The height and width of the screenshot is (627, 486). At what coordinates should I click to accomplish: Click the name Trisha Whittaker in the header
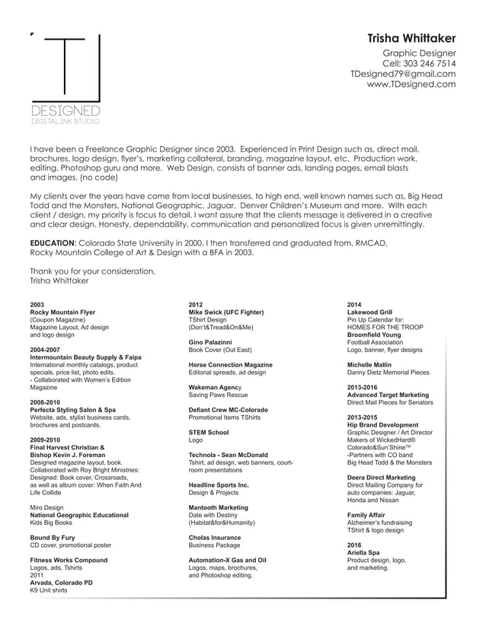[411, 37]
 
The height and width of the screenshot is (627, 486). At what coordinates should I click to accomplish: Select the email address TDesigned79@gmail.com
[403, 74]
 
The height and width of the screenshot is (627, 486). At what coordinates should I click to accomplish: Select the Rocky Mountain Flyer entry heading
[62, 312]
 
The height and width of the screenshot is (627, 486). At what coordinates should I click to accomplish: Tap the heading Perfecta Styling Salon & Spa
[73, 410]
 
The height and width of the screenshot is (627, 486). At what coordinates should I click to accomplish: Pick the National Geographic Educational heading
[79, 515]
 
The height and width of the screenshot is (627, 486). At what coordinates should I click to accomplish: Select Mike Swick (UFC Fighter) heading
[226, 312]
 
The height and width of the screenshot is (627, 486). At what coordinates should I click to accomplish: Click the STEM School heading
[209, 432]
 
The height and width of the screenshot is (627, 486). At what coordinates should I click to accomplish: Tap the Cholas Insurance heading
[215, 537]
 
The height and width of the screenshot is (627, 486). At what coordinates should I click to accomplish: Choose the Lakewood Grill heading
[369, 312]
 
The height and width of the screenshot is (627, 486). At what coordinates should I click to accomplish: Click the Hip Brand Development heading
[382, 424]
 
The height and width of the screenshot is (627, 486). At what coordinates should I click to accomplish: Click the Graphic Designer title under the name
[419, 53]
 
